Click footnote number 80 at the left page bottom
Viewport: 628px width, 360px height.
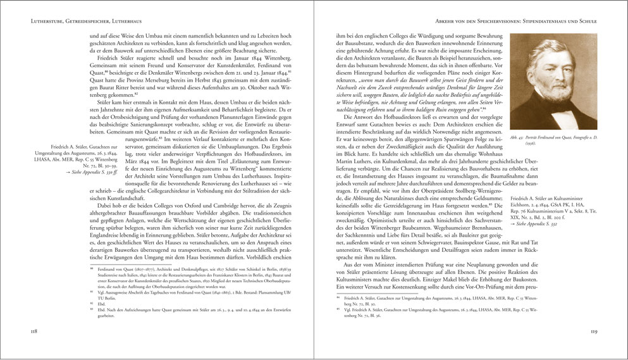point(92,286)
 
